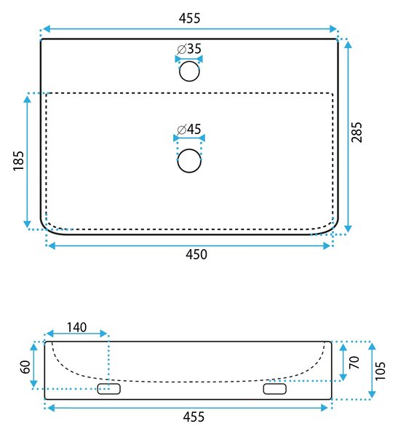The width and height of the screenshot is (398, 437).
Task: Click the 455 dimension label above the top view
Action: pos(189,18)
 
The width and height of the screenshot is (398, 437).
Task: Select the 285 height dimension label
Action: pos(357,132)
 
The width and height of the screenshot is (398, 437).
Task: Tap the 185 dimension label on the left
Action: pos(18,161)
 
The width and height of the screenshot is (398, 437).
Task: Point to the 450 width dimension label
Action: pos(196,254)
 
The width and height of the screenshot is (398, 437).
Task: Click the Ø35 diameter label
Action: pos(189,49)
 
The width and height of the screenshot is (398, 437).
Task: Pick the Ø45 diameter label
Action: pos(189,130)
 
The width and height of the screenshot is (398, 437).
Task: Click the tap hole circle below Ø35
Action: pos(189,71)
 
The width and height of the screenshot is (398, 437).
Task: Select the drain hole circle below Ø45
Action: pos(189,161)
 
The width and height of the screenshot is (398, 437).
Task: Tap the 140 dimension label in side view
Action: pos(77,327)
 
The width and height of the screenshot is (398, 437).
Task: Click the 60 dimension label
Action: pos(25,367)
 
